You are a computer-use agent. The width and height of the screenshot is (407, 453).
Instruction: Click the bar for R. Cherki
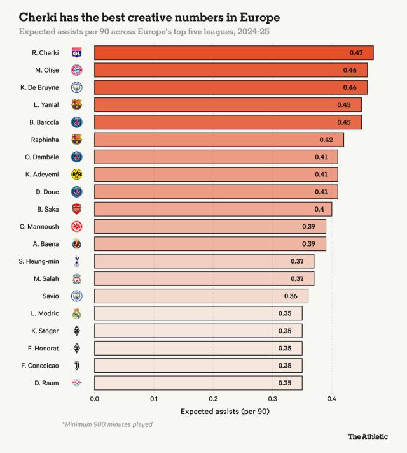(x=233, y=53)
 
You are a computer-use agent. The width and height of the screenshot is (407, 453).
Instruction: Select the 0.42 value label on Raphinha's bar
(x=326, y=140)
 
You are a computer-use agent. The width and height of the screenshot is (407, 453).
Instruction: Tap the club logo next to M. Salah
(x=76, y=278)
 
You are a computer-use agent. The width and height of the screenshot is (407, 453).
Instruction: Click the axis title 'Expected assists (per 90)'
(x=225, y=412)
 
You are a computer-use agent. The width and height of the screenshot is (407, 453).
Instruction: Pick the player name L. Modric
(x=45, y=313)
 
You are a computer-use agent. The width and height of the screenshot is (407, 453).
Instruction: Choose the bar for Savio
(x=201, y=296)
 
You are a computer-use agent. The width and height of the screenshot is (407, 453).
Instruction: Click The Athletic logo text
(x=368, y=437)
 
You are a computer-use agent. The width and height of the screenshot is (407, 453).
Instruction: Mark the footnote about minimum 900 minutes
(x=107, y=424)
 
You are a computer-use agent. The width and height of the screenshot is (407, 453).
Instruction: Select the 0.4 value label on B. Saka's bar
(x=319, y=209)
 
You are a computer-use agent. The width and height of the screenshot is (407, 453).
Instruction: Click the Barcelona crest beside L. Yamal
(x=76, y=105)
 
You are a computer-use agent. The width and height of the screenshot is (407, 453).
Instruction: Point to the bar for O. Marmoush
(x=210, y=226)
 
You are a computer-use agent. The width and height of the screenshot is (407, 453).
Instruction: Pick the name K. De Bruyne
(x=39, y=87)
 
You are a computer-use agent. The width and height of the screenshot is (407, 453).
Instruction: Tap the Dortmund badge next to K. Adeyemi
(x=76, y=174)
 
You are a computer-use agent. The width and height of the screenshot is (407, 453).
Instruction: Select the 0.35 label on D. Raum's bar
(x=285, y=383)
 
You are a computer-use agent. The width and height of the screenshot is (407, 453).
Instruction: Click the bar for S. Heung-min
(x=204, y=261)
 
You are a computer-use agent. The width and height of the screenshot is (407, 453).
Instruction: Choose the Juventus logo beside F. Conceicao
(x=76, y=365)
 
